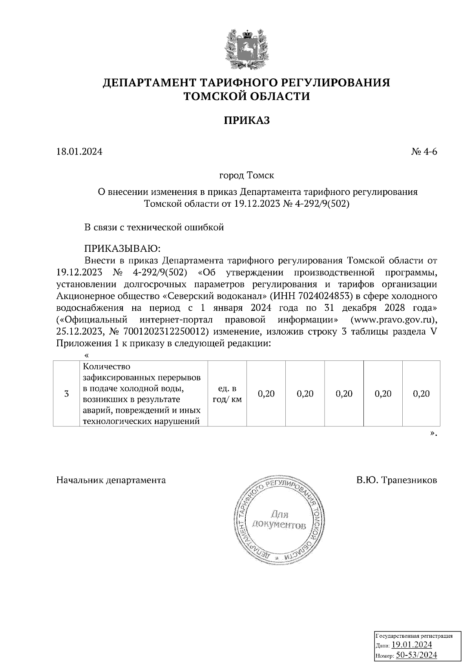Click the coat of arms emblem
coord(246,49)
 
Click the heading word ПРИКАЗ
coord(246,120)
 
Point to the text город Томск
coord(246,175)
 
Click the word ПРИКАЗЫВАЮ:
coord(123,249)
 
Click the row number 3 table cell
coord(66,393)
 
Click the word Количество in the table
coord(107,367)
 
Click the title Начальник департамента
coord(111,480)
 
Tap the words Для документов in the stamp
coord(279,520)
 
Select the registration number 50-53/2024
coord(416,655)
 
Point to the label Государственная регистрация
coord(414,636)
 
